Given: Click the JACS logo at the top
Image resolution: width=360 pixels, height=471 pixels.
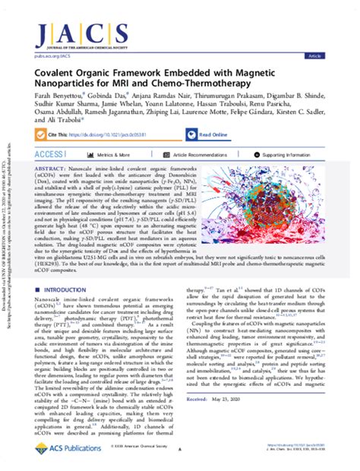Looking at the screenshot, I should pos(180,21).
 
